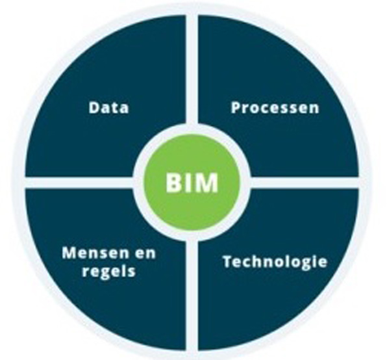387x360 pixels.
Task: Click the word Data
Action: [108, 108]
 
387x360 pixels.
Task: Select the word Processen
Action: [275, 108]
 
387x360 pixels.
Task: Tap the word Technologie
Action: [275, 263]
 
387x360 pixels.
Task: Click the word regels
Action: [109, 271]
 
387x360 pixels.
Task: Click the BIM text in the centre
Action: [192, 183]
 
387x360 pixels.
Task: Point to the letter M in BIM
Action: [208, 183]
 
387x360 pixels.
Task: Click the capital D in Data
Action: [94, 108]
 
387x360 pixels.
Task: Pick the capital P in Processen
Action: [236, 108]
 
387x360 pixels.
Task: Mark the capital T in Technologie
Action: [229, 261]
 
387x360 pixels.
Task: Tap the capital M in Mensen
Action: [69, 253]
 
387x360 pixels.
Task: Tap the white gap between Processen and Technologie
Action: [305, 183]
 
